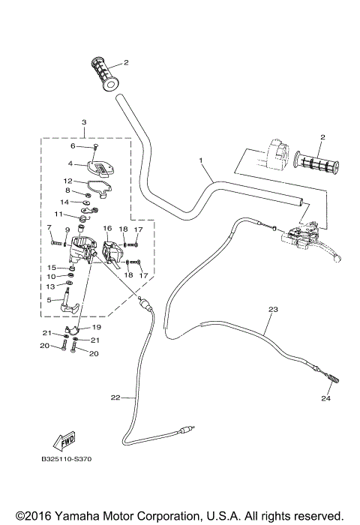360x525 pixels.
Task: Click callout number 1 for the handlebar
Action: coord(201,160)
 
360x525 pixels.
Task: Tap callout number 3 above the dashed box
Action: coord(84,122)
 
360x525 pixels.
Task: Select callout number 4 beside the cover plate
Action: coord(70,163)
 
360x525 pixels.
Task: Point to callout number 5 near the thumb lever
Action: coord(49,300)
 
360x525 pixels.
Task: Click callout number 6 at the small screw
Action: coord(73,146)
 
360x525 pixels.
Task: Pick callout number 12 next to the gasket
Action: coord(67,181)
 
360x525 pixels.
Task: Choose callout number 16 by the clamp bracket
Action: coord(107,228)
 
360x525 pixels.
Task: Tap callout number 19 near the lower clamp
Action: coord(97,328)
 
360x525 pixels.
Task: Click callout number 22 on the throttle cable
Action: coord(115,397)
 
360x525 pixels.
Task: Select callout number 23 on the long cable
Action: coord(271,309)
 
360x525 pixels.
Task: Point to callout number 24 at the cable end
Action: coord(327,398)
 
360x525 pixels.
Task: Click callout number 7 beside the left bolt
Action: coord(49,228)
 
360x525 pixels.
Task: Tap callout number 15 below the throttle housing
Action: coord(52,267)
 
